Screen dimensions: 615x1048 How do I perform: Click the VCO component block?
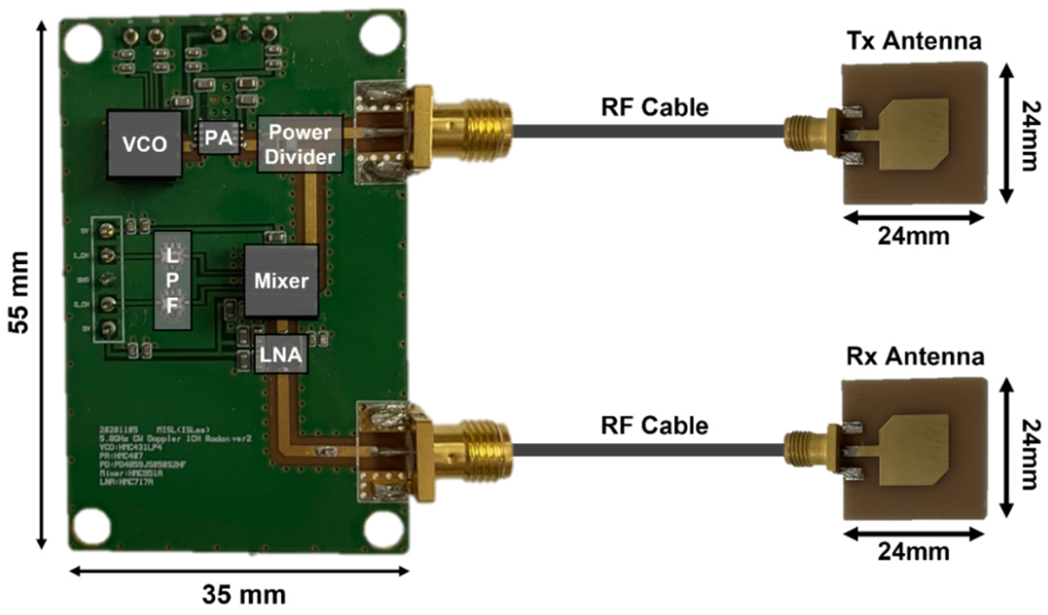point(144,144)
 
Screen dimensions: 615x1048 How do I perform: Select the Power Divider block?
point(300,144)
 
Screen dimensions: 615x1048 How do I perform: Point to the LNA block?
point(281,354)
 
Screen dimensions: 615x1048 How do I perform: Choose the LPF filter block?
point(172,281)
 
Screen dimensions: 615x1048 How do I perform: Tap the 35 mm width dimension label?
point(244,595)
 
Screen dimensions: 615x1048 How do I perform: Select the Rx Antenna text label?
point(915,357)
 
